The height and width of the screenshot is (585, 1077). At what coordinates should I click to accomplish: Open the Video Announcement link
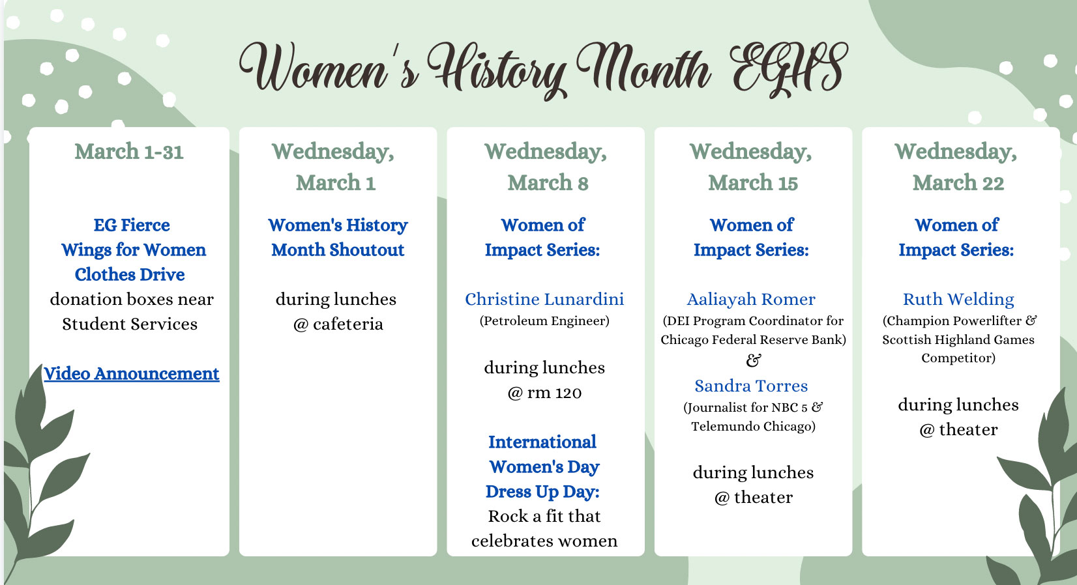click(x=131, y=374)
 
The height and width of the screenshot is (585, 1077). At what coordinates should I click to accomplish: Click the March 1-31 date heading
click(x=129, y=152)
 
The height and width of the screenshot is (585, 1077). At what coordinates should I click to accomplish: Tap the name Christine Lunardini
click(x=544, y=299)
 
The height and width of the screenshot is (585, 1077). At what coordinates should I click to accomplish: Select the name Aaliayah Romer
click(x=751, y=299)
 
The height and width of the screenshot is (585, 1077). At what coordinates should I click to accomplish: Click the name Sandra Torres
click(x=751, y=386)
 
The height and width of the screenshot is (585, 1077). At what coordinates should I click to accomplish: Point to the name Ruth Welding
click(x=958, y=299)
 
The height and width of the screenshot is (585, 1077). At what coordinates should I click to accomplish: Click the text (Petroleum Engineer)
click(x=544, y=321)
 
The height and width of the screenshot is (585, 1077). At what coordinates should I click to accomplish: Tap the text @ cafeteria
click(x=338, y=324)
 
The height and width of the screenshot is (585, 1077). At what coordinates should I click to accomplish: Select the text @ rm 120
click(x=544, y=393)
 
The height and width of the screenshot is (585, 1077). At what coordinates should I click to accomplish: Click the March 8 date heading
click(x=548, y=183)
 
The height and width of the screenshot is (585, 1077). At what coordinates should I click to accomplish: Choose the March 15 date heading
click(x=753, y=183)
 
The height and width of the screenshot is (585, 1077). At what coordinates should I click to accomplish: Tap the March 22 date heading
click(x=958, y=183)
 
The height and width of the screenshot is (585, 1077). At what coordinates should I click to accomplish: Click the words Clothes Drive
click(x=130, y=275)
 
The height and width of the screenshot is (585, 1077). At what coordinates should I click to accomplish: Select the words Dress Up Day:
click(x=542, y=492)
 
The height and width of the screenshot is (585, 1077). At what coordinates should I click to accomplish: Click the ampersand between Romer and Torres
click(x=754, y=360)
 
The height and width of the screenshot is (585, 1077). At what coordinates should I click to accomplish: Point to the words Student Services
click(x=130, y=324)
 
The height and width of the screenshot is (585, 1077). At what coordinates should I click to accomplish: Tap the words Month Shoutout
click(x=338, y=250)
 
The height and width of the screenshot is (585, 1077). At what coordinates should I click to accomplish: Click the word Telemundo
click(x=721, y=427)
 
